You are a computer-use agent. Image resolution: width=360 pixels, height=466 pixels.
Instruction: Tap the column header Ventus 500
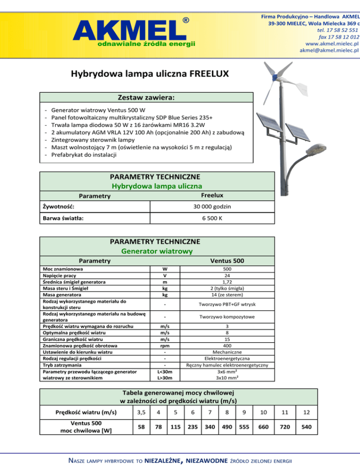[226, 261]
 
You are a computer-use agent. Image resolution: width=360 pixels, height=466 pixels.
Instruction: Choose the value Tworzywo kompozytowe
[226, 317]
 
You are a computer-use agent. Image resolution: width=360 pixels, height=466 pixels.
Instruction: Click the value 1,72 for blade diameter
[226, 282]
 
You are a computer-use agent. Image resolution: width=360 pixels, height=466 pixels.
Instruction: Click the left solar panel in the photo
[267, 127]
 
